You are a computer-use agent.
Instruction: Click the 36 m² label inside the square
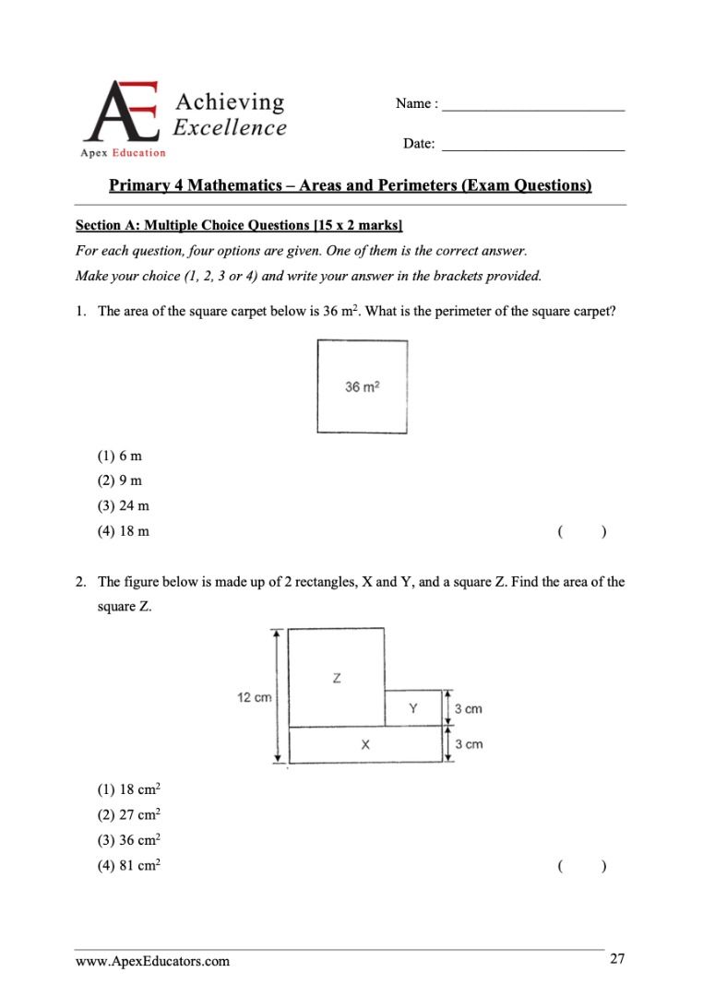[363, 387]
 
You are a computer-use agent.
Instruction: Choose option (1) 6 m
[119, 456]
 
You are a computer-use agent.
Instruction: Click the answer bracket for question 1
[581, 531]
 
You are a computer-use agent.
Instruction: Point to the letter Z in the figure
[336, 679]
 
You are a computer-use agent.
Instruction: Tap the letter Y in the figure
[413, 708]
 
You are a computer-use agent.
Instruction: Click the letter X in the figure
[366, 744]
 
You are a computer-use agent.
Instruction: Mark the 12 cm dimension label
[255, 697]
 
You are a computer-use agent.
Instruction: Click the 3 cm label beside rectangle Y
[469, 708]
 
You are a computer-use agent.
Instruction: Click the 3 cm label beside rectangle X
[469, 744]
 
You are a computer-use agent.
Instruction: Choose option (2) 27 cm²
[129, 814]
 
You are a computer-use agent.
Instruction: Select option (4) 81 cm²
[129, 865]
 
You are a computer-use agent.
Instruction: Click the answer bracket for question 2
[581, 865]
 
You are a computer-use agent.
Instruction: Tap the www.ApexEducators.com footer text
[152, 962]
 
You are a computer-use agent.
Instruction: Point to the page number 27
[617, 960]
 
